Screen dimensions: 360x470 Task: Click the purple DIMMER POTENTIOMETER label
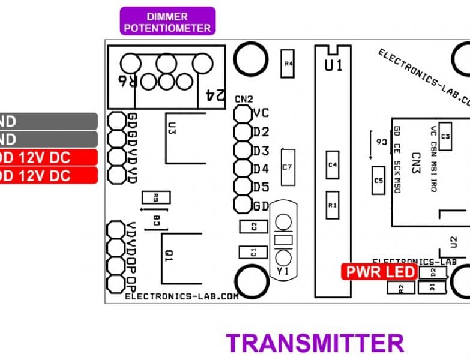[x=167, y=22]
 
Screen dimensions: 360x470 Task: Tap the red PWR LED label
[x=371, y=272]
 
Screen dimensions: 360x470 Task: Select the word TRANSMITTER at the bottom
[x=315, y=343]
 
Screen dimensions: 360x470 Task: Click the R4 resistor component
[x=288, y=63]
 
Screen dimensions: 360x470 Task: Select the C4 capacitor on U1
[x=333, y=164]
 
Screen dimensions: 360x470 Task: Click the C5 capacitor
[x=378, y=180]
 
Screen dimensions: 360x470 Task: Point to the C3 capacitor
[x=445, y=137]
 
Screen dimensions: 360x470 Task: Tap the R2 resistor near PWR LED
[x=402, y=288]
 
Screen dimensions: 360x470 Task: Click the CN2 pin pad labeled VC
[x=243, y=113]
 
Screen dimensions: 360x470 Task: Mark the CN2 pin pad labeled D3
[x=243, y=149]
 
